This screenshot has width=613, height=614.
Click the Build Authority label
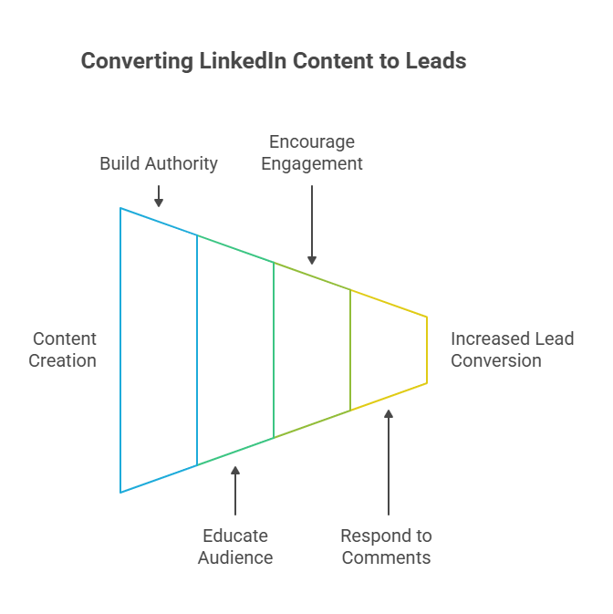pos(159,164)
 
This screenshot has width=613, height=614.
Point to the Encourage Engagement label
pos(312,153)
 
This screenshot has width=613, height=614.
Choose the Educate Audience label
pos(235,546)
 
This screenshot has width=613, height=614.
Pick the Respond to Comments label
pos(387,546)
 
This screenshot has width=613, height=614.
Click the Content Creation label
pos(62,349)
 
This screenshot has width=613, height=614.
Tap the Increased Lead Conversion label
pos(512,349)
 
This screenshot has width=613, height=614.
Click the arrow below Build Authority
pos(159,195)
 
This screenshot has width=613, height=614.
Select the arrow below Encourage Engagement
pos(312,224)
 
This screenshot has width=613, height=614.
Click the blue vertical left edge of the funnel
pos(120,349)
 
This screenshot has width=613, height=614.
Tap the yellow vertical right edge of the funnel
pos(427,349)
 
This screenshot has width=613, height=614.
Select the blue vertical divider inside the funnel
pos(197,349)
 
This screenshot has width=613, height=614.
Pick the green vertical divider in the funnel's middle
pos(274,349)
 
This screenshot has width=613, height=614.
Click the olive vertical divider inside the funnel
pos(350,349)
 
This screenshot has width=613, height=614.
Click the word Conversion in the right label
pos(496,360)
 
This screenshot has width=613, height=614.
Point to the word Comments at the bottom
pos(387,557)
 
